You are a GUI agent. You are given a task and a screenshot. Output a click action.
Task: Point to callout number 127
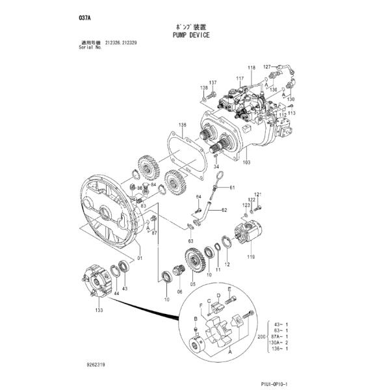(266, 66)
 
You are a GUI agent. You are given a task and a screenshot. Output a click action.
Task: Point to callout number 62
(223, 210)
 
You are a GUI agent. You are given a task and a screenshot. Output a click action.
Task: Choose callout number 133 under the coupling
(99, 311)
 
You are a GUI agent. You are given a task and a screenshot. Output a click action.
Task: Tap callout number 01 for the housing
(140, 257)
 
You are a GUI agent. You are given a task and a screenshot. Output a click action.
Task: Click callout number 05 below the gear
(192, 283)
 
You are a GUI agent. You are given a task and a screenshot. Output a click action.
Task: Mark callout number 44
(117, 294)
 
